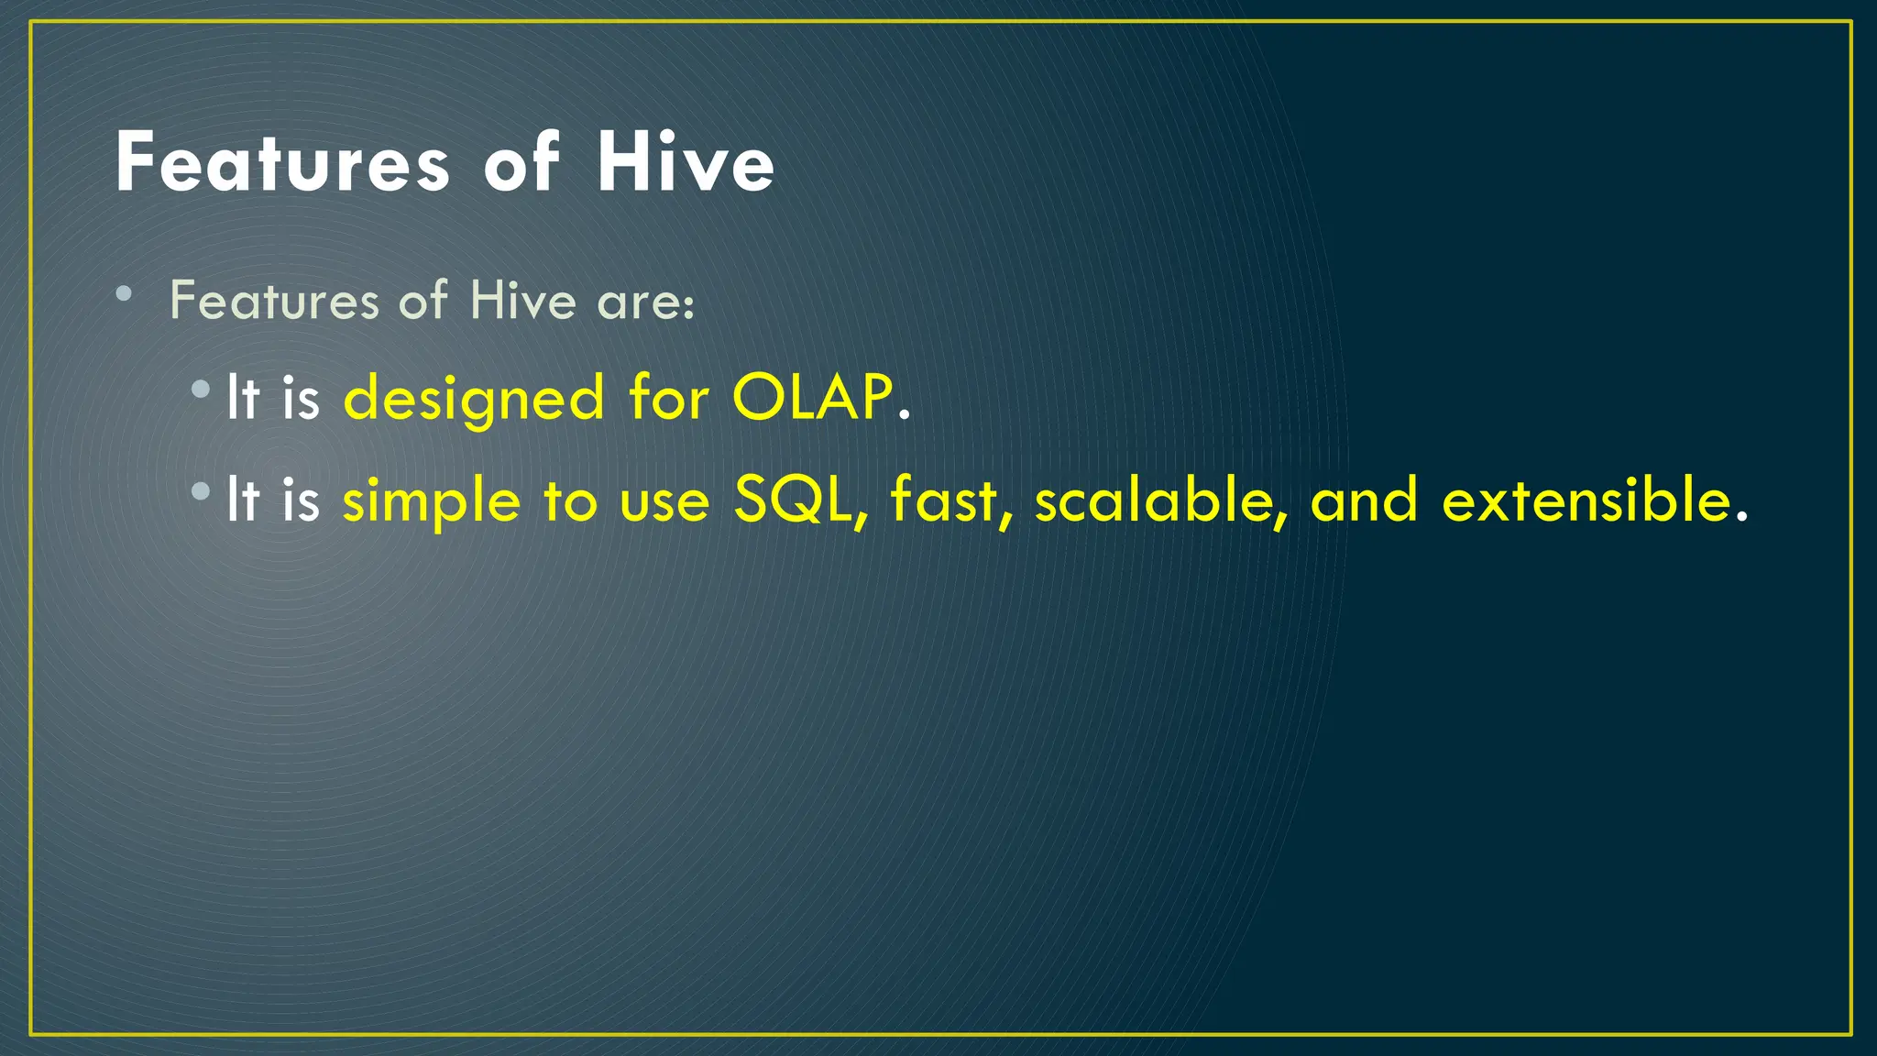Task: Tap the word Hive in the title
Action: point(686,163)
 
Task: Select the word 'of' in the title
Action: point(521,163)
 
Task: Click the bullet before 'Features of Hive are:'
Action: point(125,294)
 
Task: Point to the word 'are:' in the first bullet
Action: point(645,302)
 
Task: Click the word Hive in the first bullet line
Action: point(522,301)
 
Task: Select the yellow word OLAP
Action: point(812,398)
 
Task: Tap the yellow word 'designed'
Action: point(474,400)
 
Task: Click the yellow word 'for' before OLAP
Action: point(668,398)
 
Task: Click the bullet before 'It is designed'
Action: point(201,390)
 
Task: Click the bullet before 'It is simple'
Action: point(201,492)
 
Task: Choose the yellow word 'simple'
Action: point(431,502)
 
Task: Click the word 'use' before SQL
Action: point(664,502)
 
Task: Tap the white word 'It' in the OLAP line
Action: point(242,398)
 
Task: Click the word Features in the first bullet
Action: point(274,301)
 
